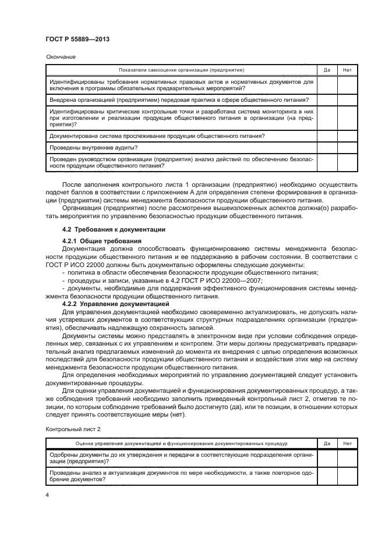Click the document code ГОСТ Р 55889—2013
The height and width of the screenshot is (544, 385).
pyautogui.click(x=78, y=39)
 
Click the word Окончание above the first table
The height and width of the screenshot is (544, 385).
pyautogui.click(x=59, y=57)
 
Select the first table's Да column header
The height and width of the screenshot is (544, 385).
pyautogui.click(x=327, y=70)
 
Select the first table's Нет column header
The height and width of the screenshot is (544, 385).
pyautogui.click(x=348, y=70)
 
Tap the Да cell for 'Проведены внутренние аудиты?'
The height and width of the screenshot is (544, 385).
pyautogui.click(x=327, y=148)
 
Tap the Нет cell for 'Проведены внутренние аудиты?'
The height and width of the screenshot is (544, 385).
pyautogui.click(x=348, y=148)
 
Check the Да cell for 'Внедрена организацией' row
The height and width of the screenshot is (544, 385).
pyautogui.click(x=327, y=100)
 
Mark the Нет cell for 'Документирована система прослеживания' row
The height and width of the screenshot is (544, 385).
pyautogui.click(x=348, y=136)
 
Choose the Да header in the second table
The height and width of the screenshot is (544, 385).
pyautogui.click(x=327, y=443)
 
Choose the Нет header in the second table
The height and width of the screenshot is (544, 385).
pyautogui.click(x=348, y=443)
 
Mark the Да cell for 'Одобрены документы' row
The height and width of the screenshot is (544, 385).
pyautogui.click(x=327, y=458)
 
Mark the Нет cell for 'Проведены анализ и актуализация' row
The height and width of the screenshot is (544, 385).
pyautogui.click(x=348, y=477)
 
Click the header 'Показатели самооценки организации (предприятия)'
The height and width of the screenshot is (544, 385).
pyautogui.click(x=181, y=70)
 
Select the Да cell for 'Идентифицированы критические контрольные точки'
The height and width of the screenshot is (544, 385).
pyautogui.click(x=327, y=118)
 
